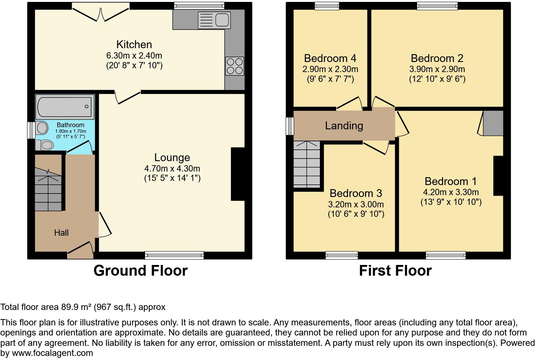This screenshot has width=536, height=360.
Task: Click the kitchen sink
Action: [214, 20]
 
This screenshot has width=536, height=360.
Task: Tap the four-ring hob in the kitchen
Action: [235, 66]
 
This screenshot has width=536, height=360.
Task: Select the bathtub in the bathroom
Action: [65, 107]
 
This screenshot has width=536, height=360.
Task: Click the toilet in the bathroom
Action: [44, 145]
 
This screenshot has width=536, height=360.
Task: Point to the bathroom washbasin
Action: [42, 128]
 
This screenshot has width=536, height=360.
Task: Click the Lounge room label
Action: [172, 158]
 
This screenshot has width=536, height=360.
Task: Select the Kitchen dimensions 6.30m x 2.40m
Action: [134, 56]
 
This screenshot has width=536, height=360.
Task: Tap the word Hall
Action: [61, 233]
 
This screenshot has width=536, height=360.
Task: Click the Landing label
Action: [344, 126]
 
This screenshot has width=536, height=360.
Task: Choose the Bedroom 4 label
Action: [330, 58]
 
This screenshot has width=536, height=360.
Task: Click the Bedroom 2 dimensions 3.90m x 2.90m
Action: [437, 69]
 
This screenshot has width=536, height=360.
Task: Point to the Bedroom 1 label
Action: [450, 181]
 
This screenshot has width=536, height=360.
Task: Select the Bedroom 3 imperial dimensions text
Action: [356, 214]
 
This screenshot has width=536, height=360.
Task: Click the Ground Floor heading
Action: [140, 271]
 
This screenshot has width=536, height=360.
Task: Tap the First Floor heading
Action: [395, 271]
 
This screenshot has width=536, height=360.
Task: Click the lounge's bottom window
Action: [174, 255]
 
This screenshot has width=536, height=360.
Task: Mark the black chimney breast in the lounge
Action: [238, 174]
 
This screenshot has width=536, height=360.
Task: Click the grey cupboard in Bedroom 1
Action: [493, 123]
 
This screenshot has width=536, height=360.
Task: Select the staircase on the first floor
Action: [307, 164]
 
